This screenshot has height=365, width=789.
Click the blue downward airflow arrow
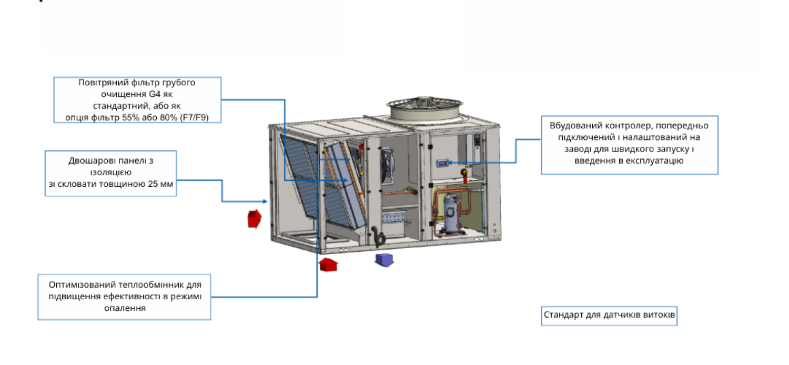point(385,260)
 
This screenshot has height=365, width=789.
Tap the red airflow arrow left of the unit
point(254,218)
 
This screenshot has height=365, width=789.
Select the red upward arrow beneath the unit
point(328,264)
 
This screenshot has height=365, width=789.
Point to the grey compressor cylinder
point(450,212)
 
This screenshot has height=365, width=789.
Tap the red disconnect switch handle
point(464,172)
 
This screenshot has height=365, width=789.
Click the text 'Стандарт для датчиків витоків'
point(609,316)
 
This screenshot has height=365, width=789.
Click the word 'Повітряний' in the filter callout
point(99,83)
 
